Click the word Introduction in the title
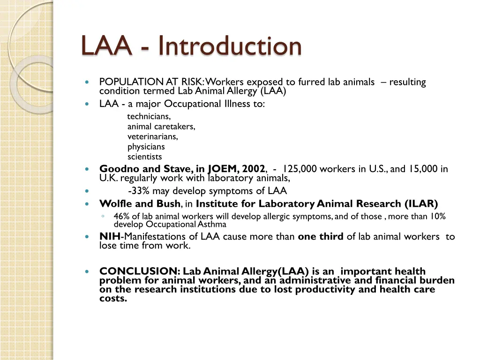pyautogui.click(x=230, y=46)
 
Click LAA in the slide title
pyautogui.click(x=106, y=46)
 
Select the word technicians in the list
pyautogui.click(x=149, y=116)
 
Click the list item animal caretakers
pyautogui.click(x=161, y=127)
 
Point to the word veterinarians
pyautogui.click(x=152, y=137)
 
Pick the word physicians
pyautogui.click(x=146, y=147)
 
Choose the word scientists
pyautogui.click(x=144, y=157)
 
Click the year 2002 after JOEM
pyautogui.click(x=254, y=169)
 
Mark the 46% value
pyautogui.click(x=122, y=217)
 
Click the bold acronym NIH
pyautogui.click(x=110, y=237)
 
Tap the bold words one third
pyautogui.click(x=321, y=237)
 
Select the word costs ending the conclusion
pyautogui.click(x=113, y=298)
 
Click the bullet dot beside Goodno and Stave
pyautogui.click(x=87, y=169)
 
